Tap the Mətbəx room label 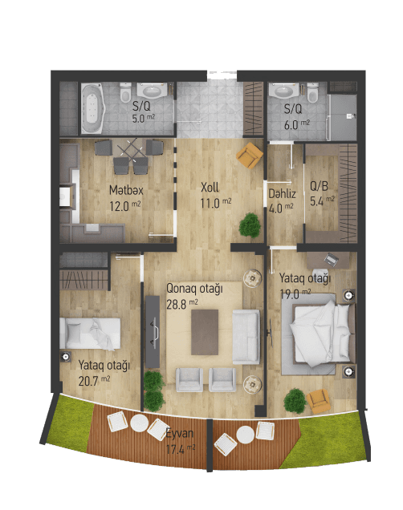[x=126, y=191]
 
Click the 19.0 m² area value [x=291, y=293]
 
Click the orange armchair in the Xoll [x=250, y=155]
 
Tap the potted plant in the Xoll [x=250, y=224]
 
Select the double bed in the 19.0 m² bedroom [x=320, y=330]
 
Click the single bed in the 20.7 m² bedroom [x=91, y=331]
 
